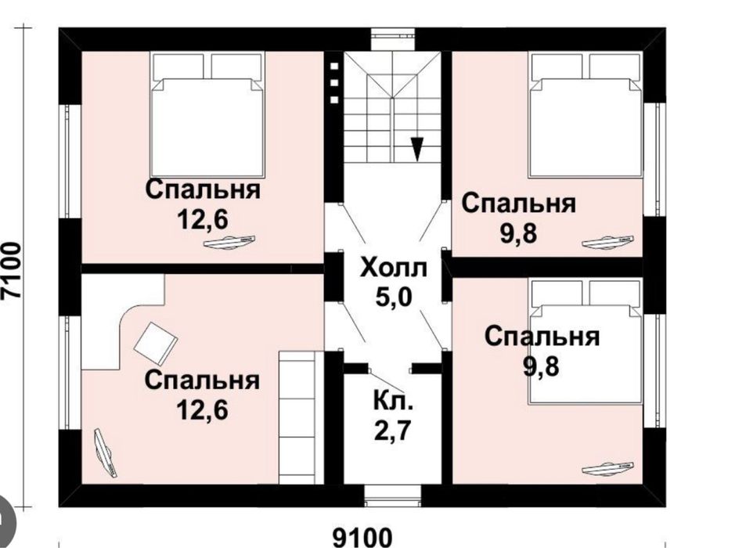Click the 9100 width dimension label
click(362, 537)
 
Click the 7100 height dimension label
click(12, 271)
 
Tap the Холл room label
click(394, 268)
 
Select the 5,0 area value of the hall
click(394, 297)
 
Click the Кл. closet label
click(393, 401)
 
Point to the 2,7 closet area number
click(392, 431)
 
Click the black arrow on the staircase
click(417, 150)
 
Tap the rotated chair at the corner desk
click(156, 341)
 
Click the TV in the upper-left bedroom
click(229, 243)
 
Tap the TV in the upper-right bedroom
click(608, 242)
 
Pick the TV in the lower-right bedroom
click(608, 469)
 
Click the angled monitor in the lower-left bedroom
click(105, 452)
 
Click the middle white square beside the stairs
click(334, 83)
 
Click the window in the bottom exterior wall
click(393, 496)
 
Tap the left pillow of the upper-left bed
click(178, 67)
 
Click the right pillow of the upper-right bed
click(614, 67)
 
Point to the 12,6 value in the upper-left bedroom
click(203, 220)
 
